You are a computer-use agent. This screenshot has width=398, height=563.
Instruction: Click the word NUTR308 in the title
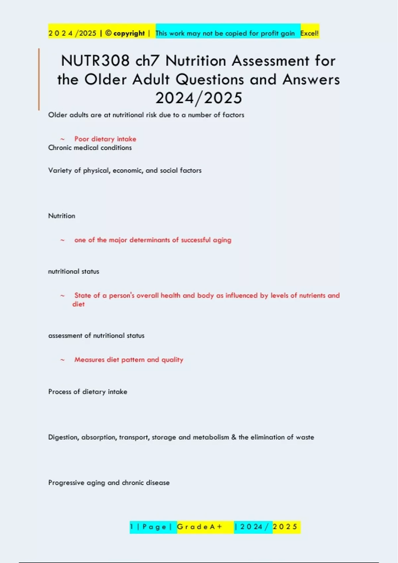point(95,61)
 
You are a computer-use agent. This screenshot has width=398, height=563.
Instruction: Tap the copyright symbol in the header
point(108,33)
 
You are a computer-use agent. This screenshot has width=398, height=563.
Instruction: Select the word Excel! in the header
point(309,33)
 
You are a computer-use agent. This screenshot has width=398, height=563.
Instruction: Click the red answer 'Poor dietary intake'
point(105,139)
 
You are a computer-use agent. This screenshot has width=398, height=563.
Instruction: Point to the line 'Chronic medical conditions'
point(90,148)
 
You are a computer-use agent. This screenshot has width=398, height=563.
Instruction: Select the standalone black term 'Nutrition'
point(62,216)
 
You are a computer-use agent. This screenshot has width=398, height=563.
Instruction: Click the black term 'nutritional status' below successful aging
point(74,272)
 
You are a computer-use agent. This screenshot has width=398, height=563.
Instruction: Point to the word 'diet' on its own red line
point(79,304)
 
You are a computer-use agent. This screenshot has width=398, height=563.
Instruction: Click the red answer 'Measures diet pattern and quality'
point(129,360)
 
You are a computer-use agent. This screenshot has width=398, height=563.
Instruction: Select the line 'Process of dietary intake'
point(88,392)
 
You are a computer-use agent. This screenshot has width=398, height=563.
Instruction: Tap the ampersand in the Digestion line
point(234,437)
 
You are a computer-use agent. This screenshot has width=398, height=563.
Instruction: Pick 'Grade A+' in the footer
point(200,527)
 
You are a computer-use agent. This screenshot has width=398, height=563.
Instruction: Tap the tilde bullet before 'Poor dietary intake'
point(62,139)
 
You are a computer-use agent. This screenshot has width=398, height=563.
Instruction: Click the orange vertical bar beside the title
point(39,79)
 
